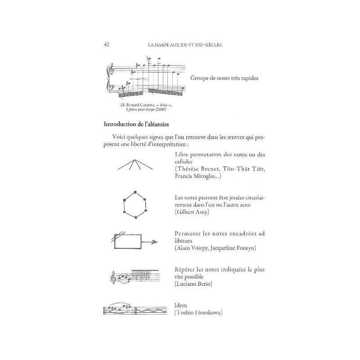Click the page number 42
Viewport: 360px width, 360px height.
click(107, 44)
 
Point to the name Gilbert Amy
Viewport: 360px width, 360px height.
click(192, 211)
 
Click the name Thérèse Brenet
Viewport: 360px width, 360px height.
click(199, 168)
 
